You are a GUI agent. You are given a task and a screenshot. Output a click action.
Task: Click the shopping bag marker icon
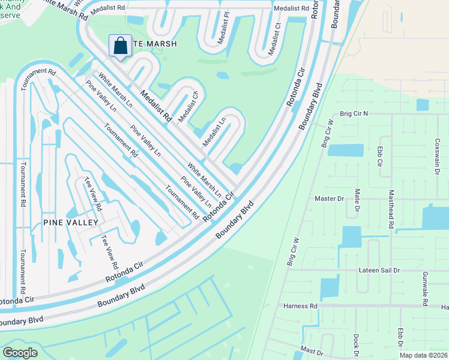click(x=120, y=46)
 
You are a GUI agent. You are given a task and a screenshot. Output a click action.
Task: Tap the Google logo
click(x=20, y=352)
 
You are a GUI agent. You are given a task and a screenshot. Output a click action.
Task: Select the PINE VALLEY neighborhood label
click(x=70, y=222)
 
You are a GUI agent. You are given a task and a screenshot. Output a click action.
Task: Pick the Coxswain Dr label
click(x=437, y=154)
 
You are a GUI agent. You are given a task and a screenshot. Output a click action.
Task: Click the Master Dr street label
click(x=329, y=198)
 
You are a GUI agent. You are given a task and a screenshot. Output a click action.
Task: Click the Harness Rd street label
click(x=300, y=306)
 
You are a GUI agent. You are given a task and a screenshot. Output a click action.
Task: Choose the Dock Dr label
click(x=356, y=345)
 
